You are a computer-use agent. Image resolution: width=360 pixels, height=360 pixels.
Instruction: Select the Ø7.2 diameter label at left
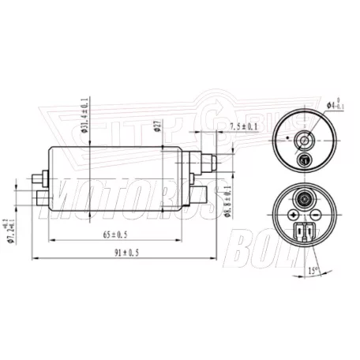coord(11,224)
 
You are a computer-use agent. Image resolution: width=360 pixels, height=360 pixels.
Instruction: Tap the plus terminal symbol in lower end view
coord(293,215)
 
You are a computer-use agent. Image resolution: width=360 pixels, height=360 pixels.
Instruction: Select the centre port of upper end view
coord(303,143)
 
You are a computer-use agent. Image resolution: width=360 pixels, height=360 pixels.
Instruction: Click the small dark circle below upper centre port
coord(303,161)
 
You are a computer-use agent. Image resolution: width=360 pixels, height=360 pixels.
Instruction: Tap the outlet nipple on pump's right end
coord(212,163)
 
